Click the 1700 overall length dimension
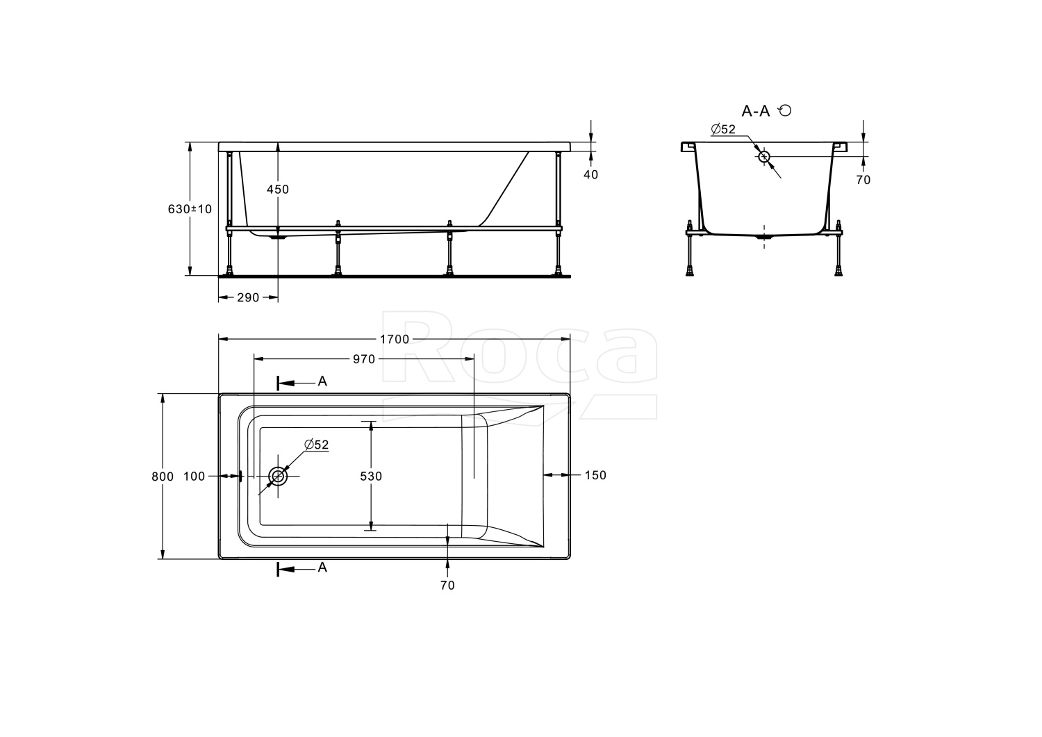(x=394, y=340)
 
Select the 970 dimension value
(x=364, y=359)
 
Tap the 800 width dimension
(x=163, y=477)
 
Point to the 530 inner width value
(x=371, y=477)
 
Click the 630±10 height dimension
(x=190, y=209)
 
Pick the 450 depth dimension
(x=278, y=190)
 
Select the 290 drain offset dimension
(x=248, y=298)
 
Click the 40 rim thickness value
(x=590, y=175)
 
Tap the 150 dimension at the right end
(x=595, y=475)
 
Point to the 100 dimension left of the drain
(x=195, y=477)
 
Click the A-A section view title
(x=756, y=111)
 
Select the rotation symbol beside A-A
(x=785, y=110)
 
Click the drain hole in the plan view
(x=279, y=476)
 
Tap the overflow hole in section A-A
(x=764, y=156)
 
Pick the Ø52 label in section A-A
(x=723, y=129)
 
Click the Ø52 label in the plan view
(x=316, y=445)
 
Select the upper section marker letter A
(x=322, y=381)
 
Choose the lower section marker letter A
(x=322, y=568)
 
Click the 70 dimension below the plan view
(x=447, y=586)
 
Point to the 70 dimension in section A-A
(x=863, y=180)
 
